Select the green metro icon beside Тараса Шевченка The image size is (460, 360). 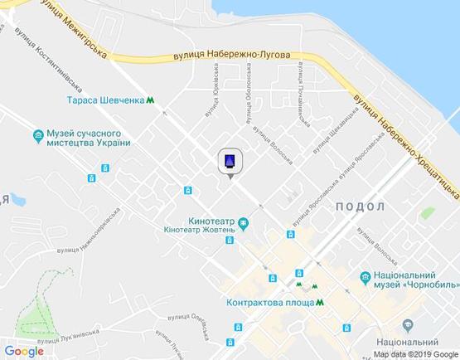151,101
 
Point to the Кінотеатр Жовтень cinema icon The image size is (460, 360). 243,222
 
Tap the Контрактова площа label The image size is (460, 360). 269,303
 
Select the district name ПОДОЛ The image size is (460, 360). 361,206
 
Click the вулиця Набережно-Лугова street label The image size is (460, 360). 232,56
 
